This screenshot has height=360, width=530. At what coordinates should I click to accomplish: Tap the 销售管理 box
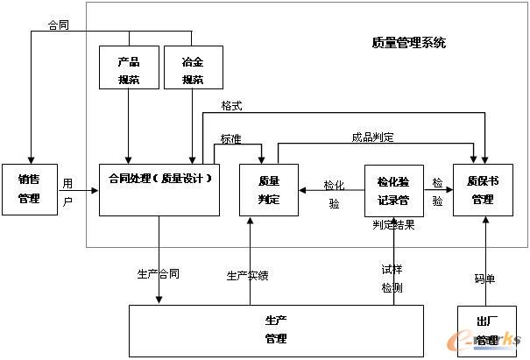(29, 189)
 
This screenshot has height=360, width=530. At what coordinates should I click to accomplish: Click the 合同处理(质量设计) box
(159, 188)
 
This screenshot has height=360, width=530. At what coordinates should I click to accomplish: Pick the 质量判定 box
(268, 189)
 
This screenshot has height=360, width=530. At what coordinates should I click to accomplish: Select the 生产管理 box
(275, 329)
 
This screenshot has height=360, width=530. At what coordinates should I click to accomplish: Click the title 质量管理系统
(408, 42)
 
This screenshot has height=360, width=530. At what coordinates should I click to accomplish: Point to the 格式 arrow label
(232, 106)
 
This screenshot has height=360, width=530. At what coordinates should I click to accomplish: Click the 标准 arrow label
(231, 138)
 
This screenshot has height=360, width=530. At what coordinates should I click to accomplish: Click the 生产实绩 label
(248, 275)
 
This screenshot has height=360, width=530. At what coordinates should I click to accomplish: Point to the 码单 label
(484, 279)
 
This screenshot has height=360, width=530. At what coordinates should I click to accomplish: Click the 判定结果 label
(393, 225)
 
